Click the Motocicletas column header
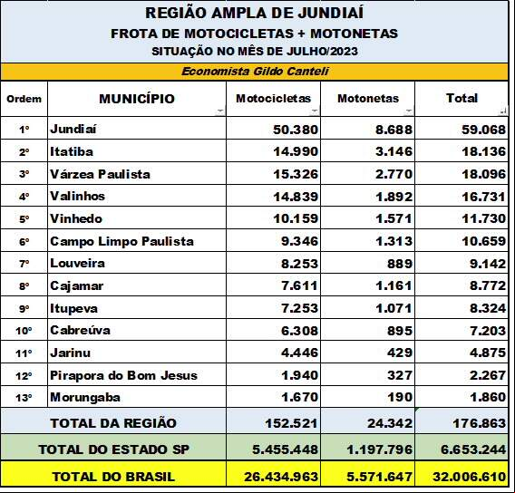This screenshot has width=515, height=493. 273,99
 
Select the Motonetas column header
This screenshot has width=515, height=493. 368,99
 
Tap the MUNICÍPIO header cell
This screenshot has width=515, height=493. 137,99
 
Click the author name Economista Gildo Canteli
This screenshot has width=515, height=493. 255,72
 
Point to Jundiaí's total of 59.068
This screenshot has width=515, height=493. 483,130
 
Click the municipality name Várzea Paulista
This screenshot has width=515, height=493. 100,174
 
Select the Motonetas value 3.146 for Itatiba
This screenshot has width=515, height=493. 394,151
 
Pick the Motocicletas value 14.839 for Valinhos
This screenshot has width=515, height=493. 296,197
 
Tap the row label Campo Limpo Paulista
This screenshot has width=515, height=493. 121,242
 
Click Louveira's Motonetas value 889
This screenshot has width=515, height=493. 400,264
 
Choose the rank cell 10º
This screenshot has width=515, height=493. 24,331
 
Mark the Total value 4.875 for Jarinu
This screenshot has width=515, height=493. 488,353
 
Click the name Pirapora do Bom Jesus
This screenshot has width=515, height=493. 123,375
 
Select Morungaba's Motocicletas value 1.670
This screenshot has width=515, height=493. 299,397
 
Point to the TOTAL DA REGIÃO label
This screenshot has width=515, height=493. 113,423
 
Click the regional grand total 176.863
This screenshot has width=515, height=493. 480,423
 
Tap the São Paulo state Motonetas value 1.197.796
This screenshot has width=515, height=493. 379,449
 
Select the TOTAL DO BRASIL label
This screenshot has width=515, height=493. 113,477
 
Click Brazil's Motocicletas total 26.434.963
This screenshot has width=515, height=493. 281,477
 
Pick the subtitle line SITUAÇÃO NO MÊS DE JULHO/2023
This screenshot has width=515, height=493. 255,52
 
